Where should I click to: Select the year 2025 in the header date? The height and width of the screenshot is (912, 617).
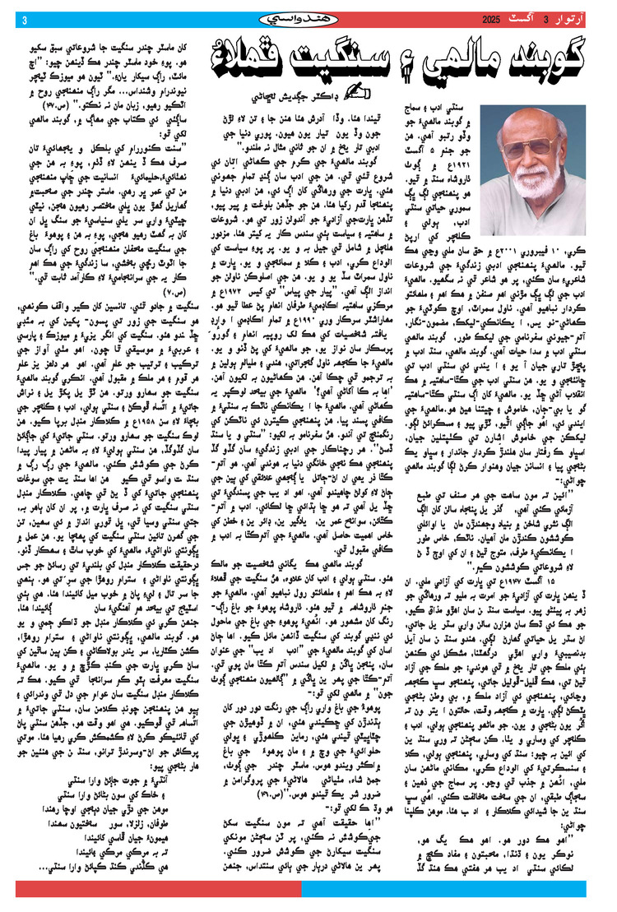point(490,19)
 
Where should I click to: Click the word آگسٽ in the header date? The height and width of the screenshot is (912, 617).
point(530,19)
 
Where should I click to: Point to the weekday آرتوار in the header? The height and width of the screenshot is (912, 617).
point(579,19)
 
